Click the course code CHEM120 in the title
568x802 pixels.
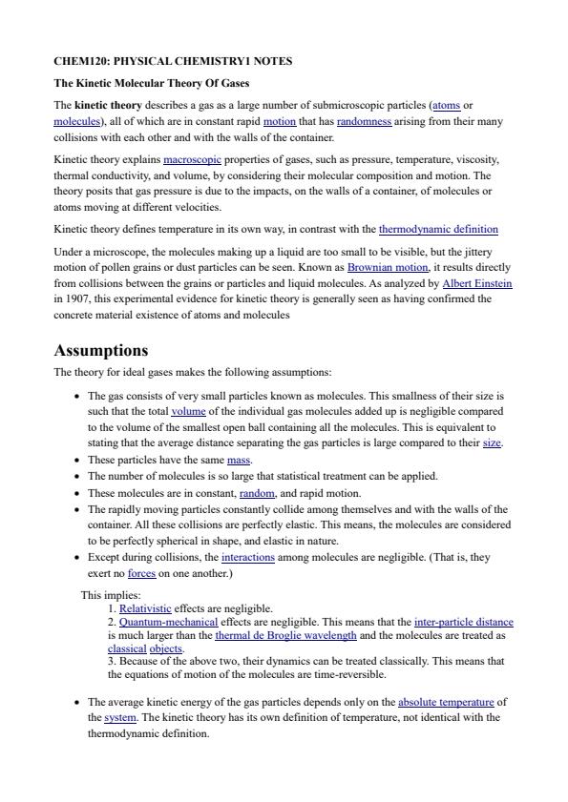pyautogui.click(x=80, y=61)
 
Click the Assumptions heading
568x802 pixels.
pyautogui.click(x=101, y=350)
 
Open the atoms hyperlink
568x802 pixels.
pyautogui.click(x=446, y=105)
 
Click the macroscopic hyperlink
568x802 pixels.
pyautogui.click(x=193, y=159)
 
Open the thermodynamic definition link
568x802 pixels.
pyautogui.click(x=438, y=230)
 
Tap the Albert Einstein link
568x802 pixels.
pyautogui.click(x=476, y=283)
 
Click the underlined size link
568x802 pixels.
pyautogui.click(x=492, y=443)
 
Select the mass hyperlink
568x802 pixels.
pyautogui.click(x=239, y=460)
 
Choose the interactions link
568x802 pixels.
pyautogui.click(x=247, y=558)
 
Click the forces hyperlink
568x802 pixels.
pyautogui.click(x=141, y=574)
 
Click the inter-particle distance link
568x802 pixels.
pyautogui.click(x=463, y=622)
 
